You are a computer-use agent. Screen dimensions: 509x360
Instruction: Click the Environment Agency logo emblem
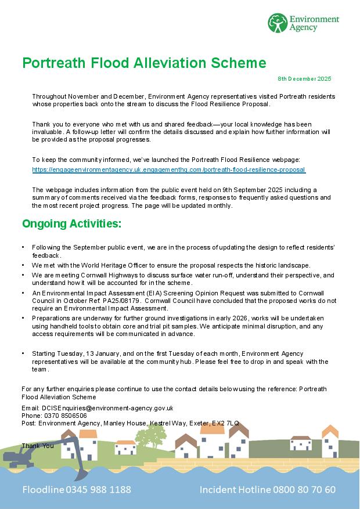[278, 23]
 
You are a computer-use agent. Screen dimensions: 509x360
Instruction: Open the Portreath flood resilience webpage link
[168, 169]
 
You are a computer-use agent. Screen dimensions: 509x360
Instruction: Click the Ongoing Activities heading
[71, 223]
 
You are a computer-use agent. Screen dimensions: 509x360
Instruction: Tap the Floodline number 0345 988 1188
[98, 489]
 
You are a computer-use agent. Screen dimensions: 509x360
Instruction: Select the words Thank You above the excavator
[38, 445]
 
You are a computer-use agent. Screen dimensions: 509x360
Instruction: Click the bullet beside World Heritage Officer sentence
[23, 265]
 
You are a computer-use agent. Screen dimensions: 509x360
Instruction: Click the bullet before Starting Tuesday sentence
[23, 353]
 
